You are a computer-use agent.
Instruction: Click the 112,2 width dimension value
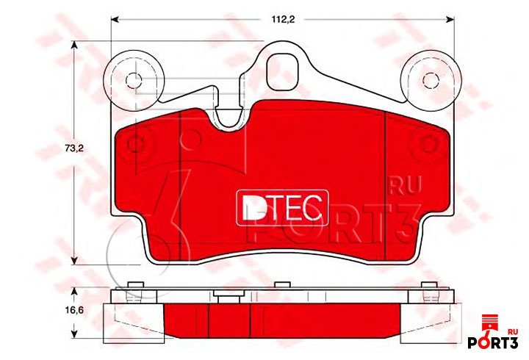click(x=284, y=19)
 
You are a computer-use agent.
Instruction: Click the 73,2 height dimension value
click(x=74, y=148)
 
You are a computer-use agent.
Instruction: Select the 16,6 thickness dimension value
click(x=74, y=310)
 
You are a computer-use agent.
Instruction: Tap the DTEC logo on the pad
click(x=282, y=207)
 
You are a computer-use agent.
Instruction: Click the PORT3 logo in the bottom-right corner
click(x=493, y=342)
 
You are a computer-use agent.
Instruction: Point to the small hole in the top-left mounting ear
click(x=134, y=80)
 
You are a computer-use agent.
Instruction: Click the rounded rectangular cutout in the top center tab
click(x=283, y=71)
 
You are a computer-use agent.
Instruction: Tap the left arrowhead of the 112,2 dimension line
click(x=115, y=20)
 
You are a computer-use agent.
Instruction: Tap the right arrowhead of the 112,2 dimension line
click(x=450, y=20)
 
